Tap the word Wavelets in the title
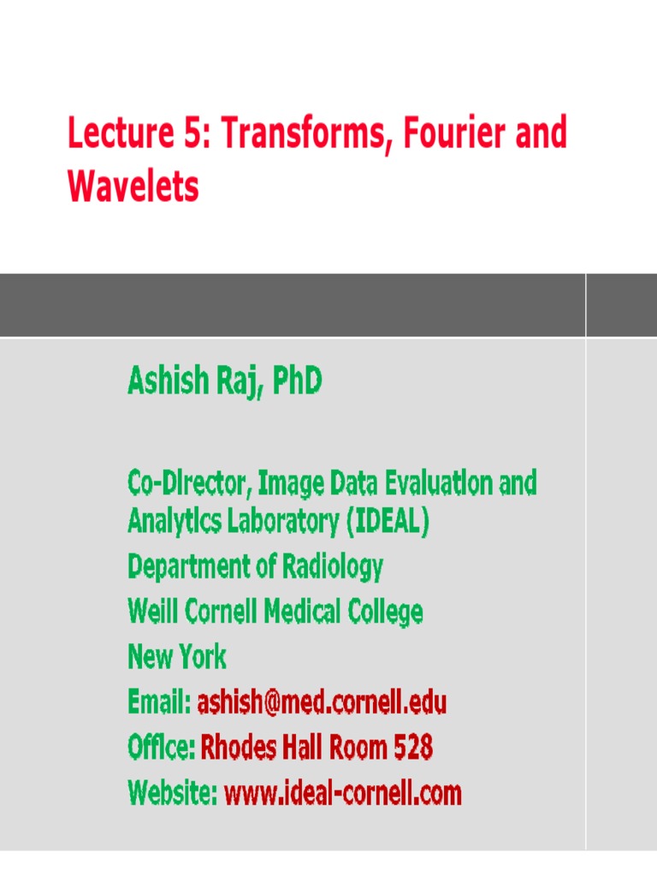tap(133, 186)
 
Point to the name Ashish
tap(166, 381)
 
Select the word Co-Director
tap(189, 484)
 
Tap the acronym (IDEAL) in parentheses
tap(388, 521)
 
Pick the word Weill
tap(151, 612)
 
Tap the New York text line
tap(177, 657)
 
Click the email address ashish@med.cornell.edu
tap(322, 703)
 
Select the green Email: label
tap(160, 703)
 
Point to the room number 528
tap(413, 749)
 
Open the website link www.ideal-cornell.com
tap(342, 794)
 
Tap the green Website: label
tap(173, 794)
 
